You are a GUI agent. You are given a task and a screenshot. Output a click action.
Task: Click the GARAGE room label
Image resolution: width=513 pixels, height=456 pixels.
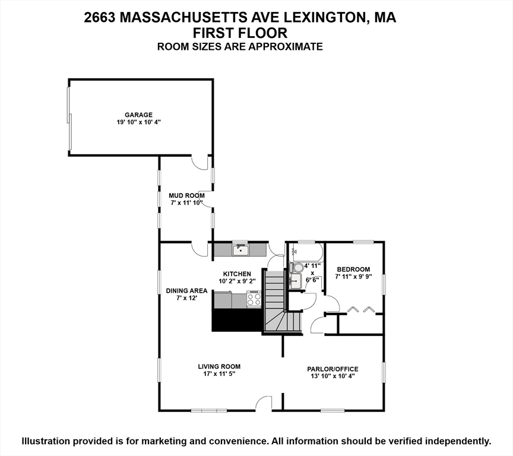click(138, 115)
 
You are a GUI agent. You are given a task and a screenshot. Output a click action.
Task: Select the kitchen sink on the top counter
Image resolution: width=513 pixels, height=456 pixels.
click(240, 249)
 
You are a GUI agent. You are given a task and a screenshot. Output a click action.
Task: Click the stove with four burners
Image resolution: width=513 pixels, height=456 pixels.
click(254, 299)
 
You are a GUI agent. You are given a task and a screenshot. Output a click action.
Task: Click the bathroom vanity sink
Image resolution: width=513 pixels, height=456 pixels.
click(295, 280)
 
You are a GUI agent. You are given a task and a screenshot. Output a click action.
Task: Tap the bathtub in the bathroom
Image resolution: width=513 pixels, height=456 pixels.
click(305, 252)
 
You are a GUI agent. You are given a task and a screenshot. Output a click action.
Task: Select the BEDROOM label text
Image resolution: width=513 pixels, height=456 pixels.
click(353, 269)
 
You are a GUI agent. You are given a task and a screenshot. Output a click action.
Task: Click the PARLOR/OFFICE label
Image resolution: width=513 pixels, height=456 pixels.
click(332, 369)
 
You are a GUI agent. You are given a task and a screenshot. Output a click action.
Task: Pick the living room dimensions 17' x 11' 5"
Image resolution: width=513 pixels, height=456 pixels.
click(219, 374)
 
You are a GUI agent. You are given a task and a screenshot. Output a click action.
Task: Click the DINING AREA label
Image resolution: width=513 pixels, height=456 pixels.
click(186, 290)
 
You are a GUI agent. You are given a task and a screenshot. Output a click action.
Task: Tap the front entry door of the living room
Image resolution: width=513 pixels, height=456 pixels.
click(263, 404)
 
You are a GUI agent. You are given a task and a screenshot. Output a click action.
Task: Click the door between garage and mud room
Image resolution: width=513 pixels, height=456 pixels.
click(200, 161)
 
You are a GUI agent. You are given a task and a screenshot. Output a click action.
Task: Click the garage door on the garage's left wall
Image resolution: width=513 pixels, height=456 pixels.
click(70, 119)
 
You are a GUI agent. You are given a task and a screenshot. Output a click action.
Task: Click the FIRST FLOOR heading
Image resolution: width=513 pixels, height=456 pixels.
click(240, 33)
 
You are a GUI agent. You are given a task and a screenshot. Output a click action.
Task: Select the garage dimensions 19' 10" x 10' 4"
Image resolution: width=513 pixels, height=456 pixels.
click(138, 122)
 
